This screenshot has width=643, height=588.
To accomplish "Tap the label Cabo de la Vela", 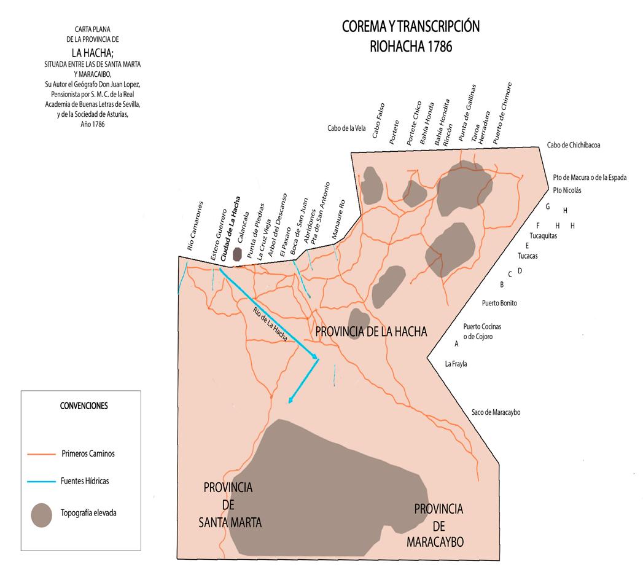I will point(347,128).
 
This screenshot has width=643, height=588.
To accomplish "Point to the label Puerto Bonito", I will point(499,304).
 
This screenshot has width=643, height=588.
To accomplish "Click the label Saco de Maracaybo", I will point(496,412).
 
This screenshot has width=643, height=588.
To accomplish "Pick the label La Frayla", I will point(456,364).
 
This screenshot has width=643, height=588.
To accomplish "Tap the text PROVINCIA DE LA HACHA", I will point(370,332).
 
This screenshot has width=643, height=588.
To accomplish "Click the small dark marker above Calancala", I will point(237,254).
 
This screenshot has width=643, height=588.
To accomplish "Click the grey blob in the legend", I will point(42,514).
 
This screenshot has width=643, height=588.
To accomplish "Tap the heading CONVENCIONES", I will point(84,406).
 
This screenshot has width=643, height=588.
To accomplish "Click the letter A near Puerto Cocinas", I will point(456,344).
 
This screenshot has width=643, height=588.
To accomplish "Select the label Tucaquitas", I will point(543,235).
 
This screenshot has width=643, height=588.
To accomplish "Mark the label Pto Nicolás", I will point(567,190).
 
